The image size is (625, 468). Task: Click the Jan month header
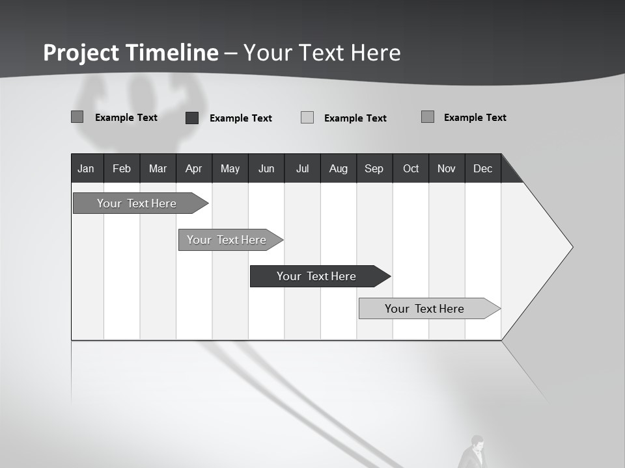pyautogui.click(x=86, y=168)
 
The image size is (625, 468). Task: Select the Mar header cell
pyautogui.click(x=158, y=168)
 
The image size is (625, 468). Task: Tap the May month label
pyautogui.click(x=230, y=168)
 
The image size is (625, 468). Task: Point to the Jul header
pyautogui.click(x=302, y=168)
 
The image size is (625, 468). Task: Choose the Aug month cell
pyautogui.click(x=339, y=168)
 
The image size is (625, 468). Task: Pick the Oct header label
pyautogui.click(x=411, y=168)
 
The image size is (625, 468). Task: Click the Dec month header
pyautogui.click(x=482, y=168)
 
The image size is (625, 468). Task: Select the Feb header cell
pyautogui.click(x=122, y=168)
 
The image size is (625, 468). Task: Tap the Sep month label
pyautogui.click(x=374, y=168)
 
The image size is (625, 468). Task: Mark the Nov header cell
pyautogui.click(x=447, y=168)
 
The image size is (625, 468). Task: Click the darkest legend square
pyautogui.click(x=192, y=118)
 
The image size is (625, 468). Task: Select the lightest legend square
pyautogui.click(x=307, y=118)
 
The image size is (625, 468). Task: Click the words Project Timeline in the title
pyautogui.click(x=131, y=53)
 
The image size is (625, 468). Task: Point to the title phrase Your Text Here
pyautogui.click(x=322, y=53)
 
